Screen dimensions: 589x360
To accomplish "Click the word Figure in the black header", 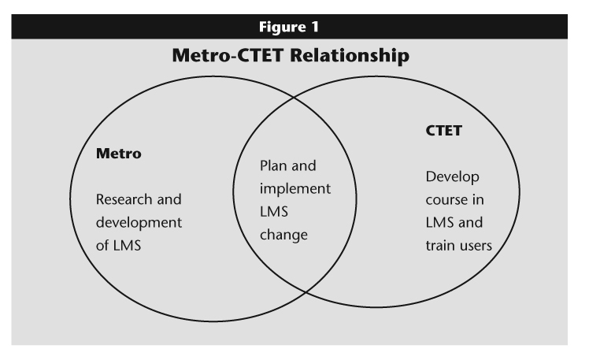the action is [x=283, y=27].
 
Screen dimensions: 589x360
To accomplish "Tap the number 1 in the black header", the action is [x=315, y=27].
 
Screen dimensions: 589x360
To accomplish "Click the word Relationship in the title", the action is [x=350, y=56].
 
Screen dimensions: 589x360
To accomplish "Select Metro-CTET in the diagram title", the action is [x=228, y=55].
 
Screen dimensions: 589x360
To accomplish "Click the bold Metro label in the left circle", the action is [x=119, y=154].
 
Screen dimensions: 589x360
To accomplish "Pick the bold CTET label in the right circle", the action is [x=443, y=131].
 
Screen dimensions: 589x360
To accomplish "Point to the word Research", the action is [x=124, y=199].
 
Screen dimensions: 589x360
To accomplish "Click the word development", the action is [x=139, y=222].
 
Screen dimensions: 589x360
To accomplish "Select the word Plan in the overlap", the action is [x=273, y=165].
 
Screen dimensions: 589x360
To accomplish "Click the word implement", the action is [x=295, y=188].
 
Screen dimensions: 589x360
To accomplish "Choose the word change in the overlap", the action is [x=283, y=235].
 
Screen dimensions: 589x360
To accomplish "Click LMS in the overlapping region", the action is [x=274, y=212].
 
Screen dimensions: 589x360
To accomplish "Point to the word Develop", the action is [x=452, y=177].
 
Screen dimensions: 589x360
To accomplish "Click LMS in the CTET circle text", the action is [x=439, y=222].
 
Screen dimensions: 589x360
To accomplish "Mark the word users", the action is [x=476, y=246].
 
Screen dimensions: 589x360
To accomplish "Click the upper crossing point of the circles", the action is [x=294, y=98].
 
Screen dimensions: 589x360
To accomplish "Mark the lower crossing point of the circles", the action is [x=306, y=292].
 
